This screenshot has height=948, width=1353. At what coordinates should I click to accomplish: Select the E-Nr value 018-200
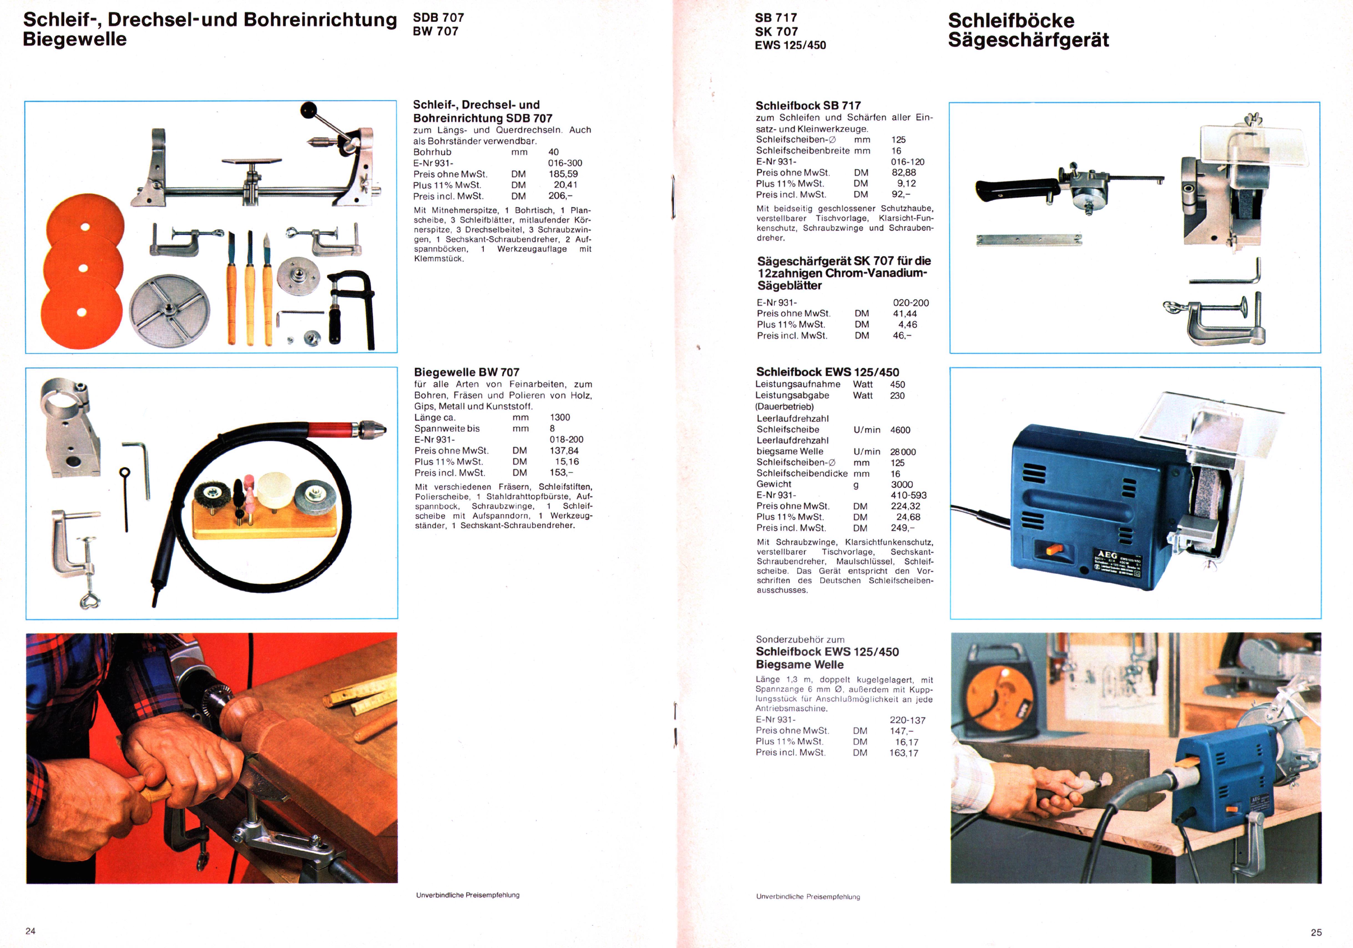(566, 439)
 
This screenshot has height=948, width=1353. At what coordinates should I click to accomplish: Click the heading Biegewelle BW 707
(467, 372)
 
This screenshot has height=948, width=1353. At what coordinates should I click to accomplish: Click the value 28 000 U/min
(903, 452)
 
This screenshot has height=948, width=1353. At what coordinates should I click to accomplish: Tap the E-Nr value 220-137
(907, 720)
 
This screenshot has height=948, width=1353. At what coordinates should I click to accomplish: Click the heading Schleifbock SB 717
(808, 105)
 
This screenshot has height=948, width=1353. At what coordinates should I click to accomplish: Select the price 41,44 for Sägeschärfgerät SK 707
(905, 314)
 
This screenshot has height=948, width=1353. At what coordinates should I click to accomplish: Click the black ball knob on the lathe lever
(308, 110)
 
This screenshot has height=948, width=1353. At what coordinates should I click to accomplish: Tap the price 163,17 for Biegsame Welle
(904, 753)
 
